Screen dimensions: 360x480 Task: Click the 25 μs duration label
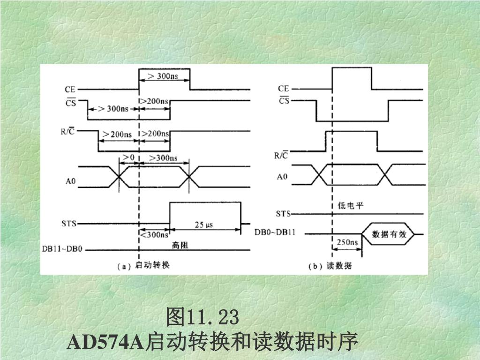[x=203, y=225]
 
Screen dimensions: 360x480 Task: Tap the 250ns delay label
[x=347, y=242]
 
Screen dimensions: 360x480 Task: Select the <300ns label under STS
[x=154, y=234]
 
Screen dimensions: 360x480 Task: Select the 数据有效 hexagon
[x=389, y=234]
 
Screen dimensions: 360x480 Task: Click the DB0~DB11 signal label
[x=275, y=232]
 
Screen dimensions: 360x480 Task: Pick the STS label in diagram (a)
[x=69, y=224]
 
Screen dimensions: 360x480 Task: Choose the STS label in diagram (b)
[x=283, y=214]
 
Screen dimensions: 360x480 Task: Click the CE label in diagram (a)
[x=71, y=88]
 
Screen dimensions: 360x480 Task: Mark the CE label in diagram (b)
[x=283, y=88]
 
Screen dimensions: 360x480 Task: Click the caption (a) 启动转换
[x=142, y=266]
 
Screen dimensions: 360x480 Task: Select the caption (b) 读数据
[x=330, y=266]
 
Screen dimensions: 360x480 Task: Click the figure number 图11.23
[x=202, y=317]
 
